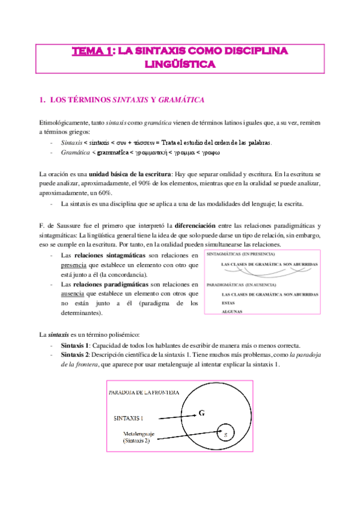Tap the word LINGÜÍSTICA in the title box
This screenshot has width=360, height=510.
(x=180, y=64)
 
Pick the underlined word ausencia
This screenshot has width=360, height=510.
(x=73, y=295)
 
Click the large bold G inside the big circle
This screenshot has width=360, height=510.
(x=202, y=413)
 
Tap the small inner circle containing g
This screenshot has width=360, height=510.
(x=225, y=433)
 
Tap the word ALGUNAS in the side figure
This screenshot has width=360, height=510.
(x=232, y=313)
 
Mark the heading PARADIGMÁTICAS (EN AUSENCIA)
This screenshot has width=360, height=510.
(x=241, y=284)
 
